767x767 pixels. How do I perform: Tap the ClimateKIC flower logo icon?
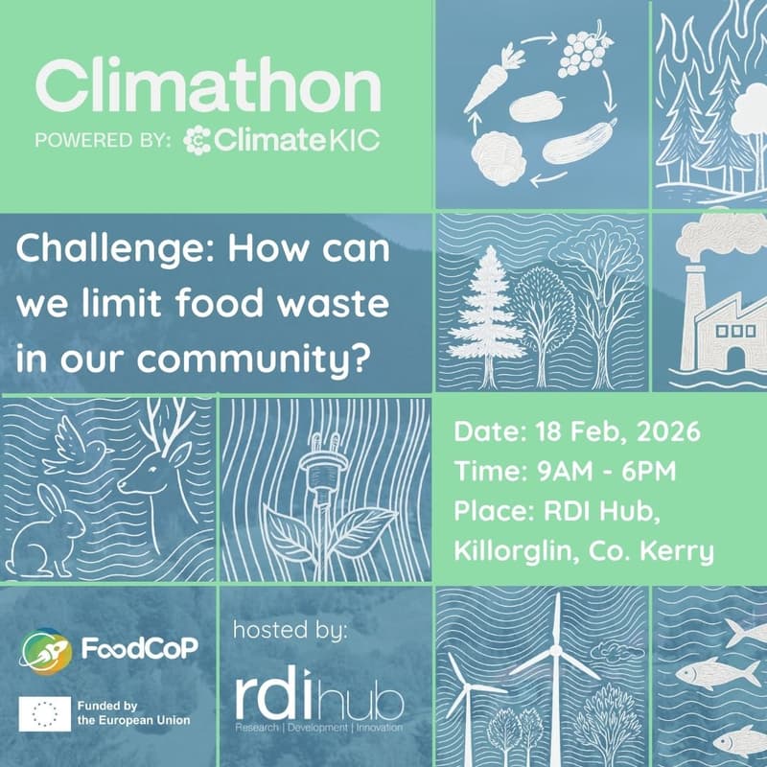pyautogui.click(x=198, y=141)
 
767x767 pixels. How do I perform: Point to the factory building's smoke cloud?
pyautogui.click(x=710, y=231)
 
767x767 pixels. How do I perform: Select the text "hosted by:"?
pyautogui.click(x=291, y=632)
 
